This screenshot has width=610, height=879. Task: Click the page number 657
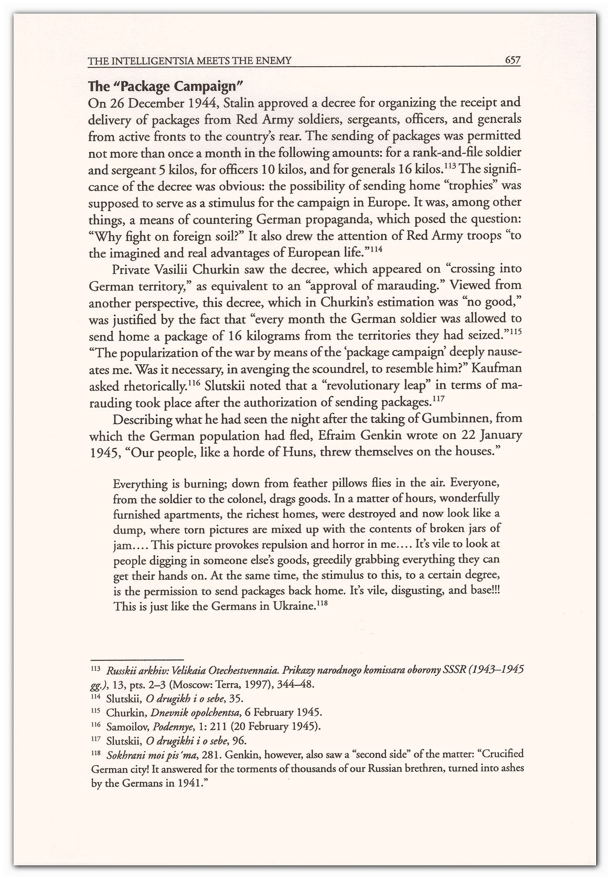[x=511, y=60]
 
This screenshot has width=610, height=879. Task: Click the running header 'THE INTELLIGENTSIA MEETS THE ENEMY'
[x=189, y=61]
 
